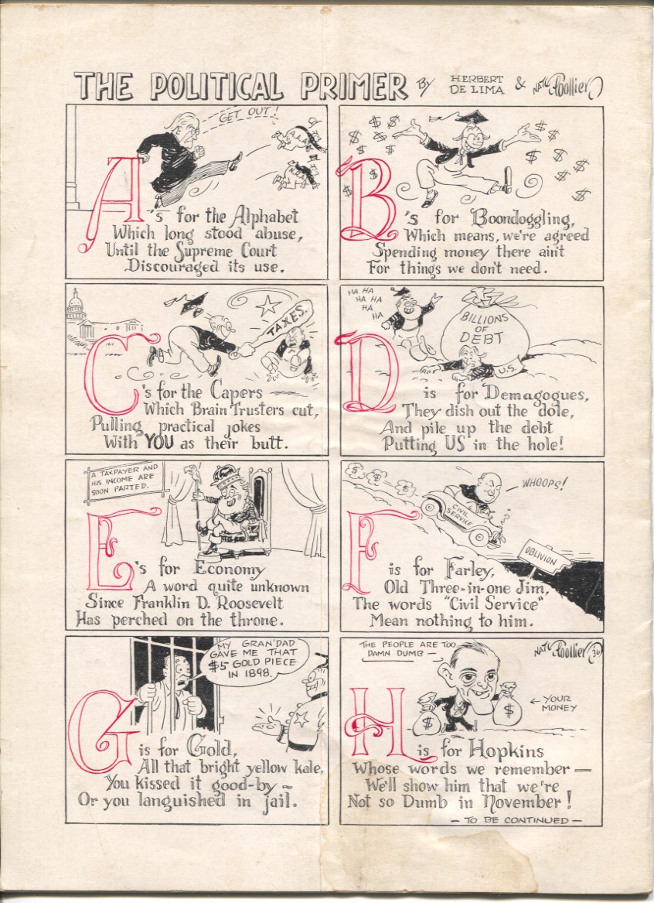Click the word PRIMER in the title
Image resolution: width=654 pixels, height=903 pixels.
click(354, 87)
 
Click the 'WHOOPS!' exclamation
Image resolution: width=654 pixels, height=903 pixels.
click(543, 483)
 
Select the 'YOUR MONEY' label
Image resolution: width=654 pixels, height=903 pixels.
click(558, 703)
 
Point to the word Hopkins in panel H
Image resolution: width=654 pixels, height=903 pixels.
click(506, 749)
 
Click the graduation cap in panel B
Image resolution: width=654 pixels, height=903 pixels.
click(472, 116)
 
